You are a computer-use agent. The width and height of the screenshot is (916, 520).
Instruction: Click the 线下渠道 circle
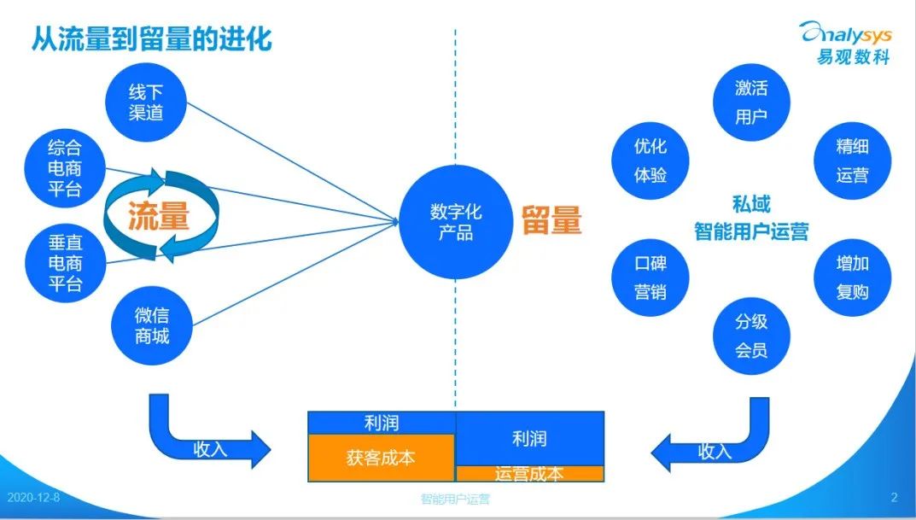[x=146, y=102]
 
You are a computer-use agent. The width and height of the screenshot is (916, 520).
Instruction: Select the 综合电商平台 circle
[x=65, y=167]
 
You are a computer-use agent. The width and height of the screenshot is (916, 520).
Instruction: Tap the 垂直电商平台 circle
[x=65, y=261]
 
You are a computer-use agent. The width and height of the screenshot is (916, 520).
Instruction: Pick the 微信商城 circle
[x=152, y=325]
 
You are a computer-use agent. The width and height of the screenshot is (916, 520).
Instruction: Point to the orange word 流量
[x=159, y=217]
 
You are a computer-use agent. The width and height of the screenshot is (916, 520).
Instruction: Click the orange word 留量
[x=551, y=221]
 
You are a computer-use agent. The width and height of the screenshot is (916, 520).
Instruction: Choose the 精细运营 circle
[x=852, y=161]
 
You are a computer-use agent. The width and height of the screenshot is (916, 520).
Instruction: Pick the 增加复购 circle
[x=852, y=278]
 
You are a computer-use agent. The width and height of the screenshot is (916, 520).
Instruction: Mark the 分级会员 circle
[x=751, y=336]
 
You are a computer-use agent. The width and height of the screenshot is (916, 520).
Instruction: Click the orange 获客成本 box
[x=381, y=457]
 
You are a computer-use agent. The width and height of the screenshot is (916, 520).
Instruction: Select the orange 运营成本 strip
[x=529, y=474]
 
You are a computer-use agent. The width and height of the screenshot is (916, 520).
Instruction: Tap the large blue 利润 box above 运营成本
[x=529, y=439]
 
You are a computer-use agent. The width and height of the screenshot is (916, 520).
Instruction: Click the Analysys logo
[x=845, y=41]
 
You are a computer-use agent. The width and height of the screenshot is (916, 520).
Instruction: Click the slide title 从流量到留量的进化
[x=152, y=38]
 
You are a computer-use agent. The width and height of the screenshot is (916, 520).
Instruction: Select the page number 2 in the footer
[x=894, y=498]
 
